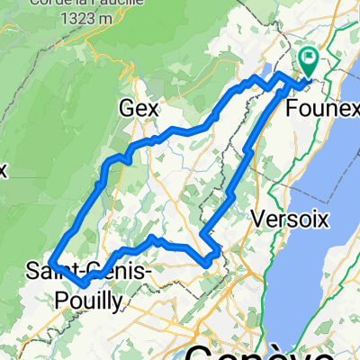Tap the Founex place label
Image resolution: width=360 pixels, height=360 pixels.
point(318,107)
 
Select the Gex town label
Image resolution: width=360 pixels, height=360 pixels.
point(139,108)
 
